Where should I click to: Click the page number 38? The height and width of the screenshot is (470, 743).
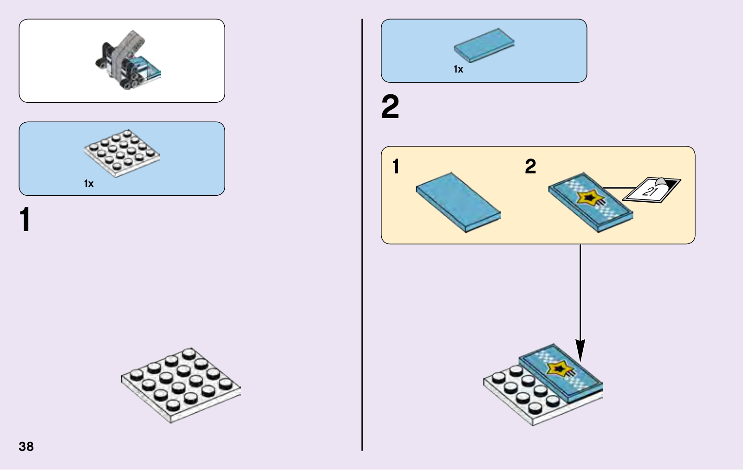click(26, 446)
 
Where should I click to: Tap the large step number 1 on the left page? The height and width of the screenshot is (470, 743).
click(25, 220)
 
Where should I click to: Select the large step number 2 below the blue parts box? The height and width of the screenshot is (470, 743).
click(390, 107)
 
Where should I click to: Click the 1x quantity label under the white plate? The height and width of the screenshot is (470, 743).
click(89, 184)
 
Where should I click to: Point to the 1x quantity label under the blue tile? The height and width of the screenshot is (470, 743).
click(458, 69)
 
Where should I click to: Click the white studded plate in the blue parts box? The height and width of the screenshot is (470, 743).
click(122, 152)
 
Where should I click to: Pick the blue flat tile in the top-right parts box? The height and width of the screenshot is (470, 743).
click(484, 45)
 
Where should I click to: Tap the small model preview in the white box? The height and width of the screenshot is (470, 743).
click(127, 61)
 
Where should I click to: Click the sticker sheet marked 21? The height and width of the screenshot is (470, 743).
click(651, 189)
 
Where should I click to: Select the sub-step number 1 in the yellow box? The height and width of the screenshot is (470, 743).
click(396, 166)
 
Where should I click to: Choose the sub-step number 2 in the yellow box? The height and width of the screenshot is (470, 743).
click(530, 166)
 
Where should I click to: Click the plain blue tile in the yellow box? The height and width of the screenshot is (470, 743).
click(458, 202)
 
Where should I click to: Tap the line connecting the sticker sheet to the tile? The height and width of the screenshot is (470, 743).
click(618, 188)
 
